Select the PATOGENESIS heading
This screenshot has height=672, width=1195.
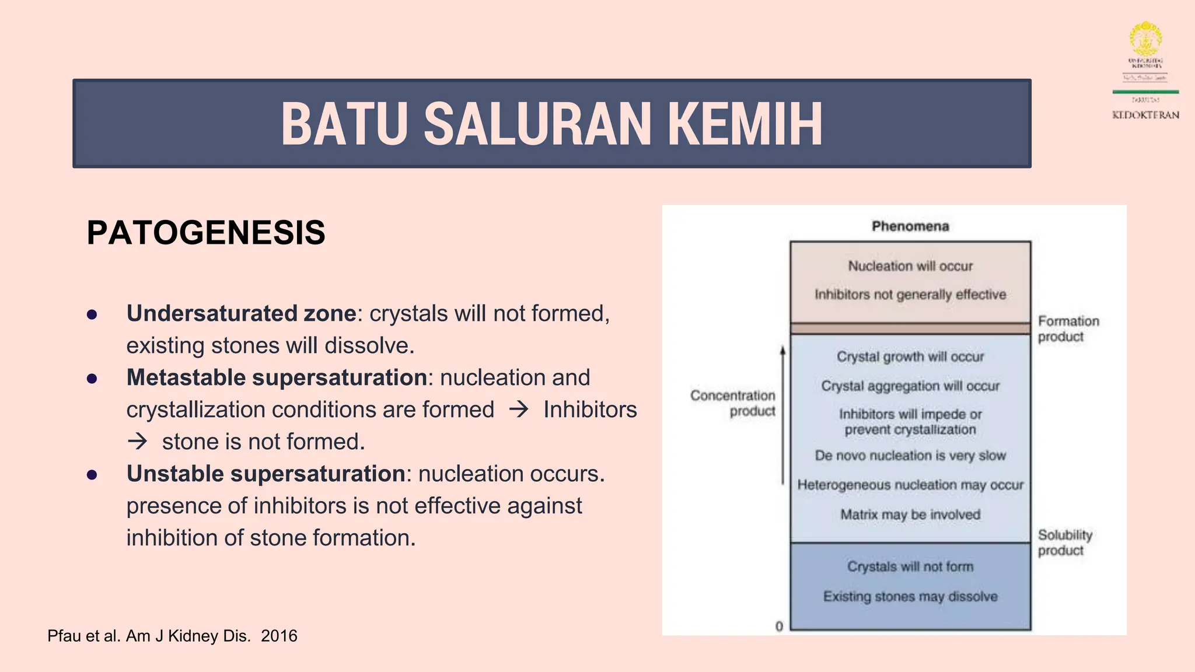point(206,232)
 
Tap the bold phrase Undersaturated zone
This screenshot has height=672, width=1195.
point(241,313)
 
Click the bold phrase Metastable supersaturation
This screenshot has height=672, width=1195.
point(277,377)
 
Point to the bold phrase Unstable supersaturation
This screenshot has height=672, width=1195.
point(265,474)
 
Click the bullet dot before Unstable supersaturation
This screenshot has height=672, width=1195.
point(92,475)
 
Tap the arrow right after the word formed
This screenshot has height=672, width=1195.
point(518,409)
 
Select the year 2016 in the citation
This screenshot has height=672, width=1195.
point(279,636)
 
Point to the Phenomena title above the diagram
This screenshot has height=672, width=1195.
point(910,226)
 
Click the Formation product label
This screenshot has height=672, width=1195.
point(1067,329)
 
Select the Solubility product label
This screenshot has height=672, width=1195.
point(1064,542)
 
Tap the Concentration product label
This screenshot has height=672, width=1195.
point(733,403)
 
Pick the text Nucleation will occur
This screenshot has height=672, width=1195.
point(910,266)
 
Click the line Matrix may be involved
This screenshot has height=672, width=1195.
point(910,514)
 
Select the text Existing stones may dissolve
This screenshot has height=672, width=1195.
point(910,596)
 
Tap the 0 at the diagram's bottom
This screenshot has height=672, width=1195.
point(779,626)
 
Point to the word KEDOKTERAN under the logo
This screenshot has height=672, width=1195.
point(1145,115)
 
